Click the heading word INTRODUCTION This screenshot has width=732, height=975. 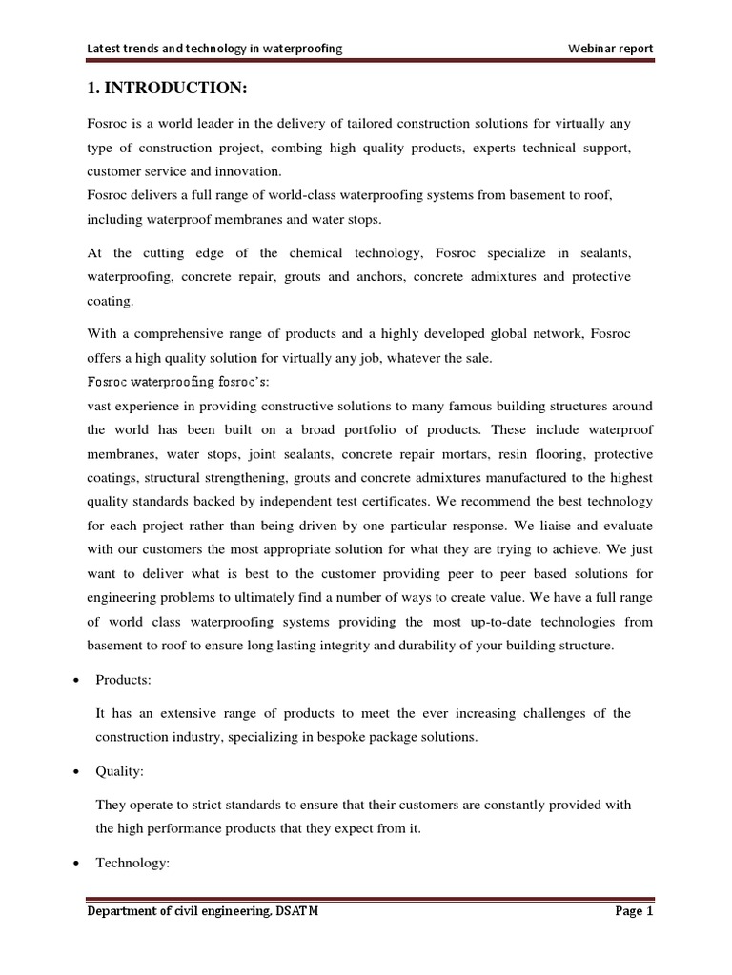pyautogui.click(x=173, y=89)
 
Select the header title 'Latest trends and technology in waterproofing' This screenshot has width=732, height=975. pyautogui.click(x=214, y=48)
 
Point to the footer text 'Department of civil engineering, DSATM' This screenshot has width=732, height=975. pyautogui.click(x=203, y=910)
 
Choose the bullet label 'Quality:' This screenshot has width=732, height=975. pyautogui.click(x=120, y=774)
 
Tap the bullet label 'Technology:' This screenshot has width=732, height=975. pyautogui.click(x=132, y=863)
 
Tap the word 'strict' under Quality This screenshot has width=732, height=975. pyautogui.click(x=198, y=805)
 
